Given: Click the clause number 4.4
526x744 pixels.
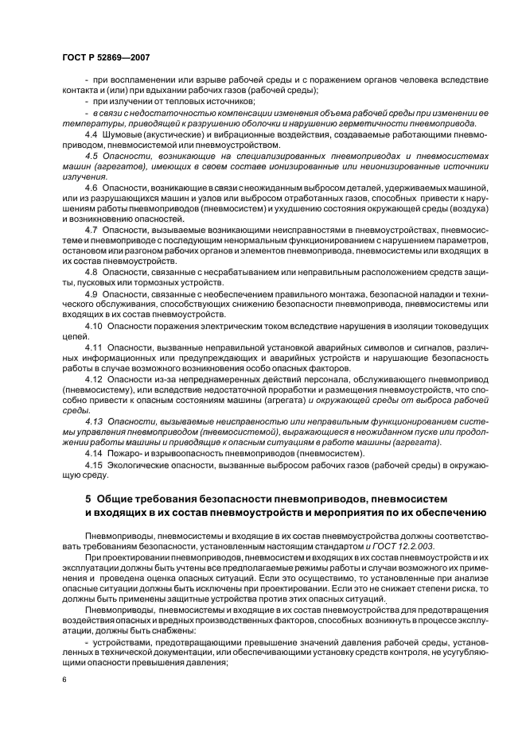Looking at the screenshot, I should click(x=92, y=135).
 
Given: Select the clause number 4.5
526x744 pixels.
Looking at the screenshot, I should click(x=92, y=157).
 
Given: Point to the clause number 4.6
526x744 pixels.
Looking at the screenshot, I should click(x=92, y=187).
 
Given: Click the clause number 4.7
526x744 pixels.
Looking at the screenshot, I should click(x=92, y=229).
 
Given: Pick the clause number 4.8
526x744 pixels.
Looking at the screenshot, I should click(x=92, y=272).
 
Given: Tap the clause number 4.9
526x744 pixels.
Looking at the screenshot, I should click(x=92, y=293).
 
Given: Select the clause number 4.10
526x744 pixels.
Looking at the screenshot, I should click(x=94, y=326).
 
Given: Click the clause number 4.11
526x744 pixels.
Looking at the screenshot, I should click(x=94, y=347).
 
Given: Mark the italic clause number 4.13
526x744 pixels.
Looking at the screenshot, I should click(x=94, y=421).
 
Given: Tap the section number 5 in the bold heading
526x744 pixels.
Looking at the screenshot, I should click(x=88, y=498).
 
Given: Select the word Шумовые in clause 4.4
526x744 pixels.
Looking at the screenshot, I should click(x=124, y=135).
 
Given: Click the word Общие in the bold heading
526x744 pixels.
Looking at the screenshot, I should click(x=115, y=498).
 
